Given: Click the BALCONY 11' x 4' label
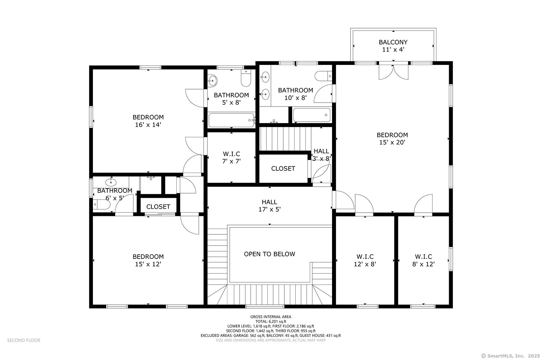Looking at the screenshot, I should click(393, 46).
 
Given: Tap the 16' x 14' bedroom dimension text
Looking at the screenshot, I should click(148, 125).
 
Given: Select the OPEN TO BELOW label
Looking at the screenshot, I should click(269, 254).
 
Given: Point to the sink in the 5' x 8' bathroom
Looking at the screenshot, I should click(212, 80).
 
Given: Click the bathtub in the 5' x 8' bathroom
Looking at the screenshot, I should click(231, 120).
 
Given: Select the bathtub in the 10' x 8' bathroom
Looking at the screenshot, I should click(311, 115).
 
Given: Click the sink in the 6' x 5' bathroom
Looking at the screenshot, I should click(111, 182).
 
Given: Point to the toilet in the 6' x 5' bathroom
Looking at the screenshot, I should click(102, 205).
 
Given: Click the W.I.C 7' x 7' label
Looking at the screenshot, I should click(231, 158).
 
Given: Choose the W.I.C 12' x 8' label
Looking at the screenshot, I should click(365, 260).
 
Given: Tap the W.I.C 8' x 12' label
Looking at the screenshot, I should click(423, 260).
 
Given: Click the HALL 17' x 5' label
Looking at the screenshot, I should click(269, 205).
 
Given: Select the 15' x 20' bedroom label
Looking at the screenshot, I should click(392, 139).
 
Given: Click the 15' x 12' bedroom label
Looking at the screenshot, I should click(148, 260).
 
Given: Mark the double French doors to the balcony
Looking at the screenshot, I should click(393, 71).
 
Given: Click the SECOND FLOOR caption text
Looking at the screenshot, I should click(24, 340).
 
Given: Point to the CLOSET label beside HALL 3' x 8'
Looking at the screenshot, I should click(283, 169).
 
